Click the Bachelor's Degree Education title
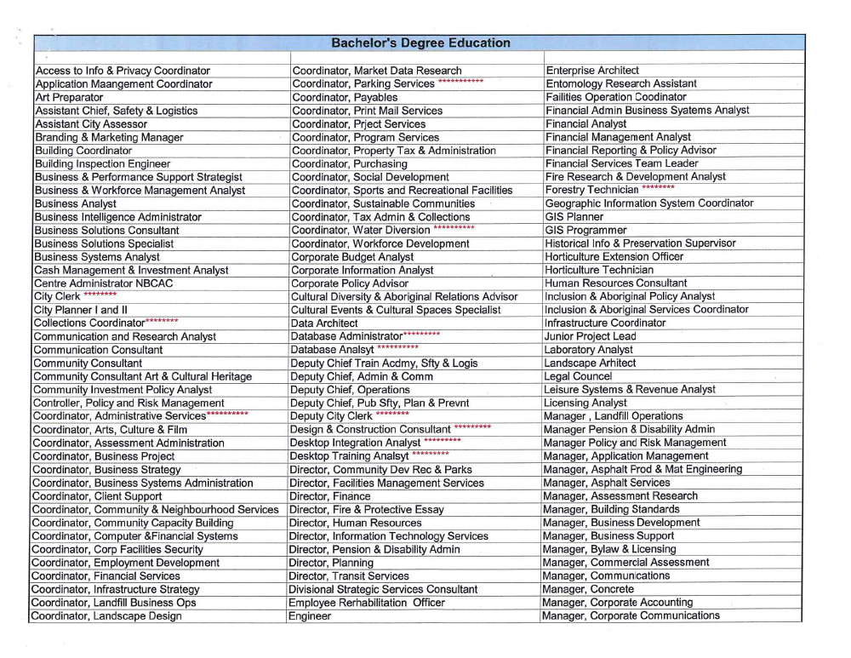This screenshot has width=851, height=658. pos(420,43)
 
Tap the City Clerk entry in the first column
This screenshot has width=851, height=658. pos(56,296)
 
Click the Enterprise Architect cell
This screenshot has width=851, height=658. pos(592,70)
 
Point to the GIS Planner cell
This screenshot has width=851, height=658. pos(574,216)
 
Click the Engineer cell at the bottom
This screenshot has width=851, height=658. pos(310,615)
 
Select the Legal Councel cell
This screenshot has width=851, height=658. pos(578,375)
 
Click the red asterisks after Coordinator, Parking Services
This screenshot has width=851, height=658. pos(460,82)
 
